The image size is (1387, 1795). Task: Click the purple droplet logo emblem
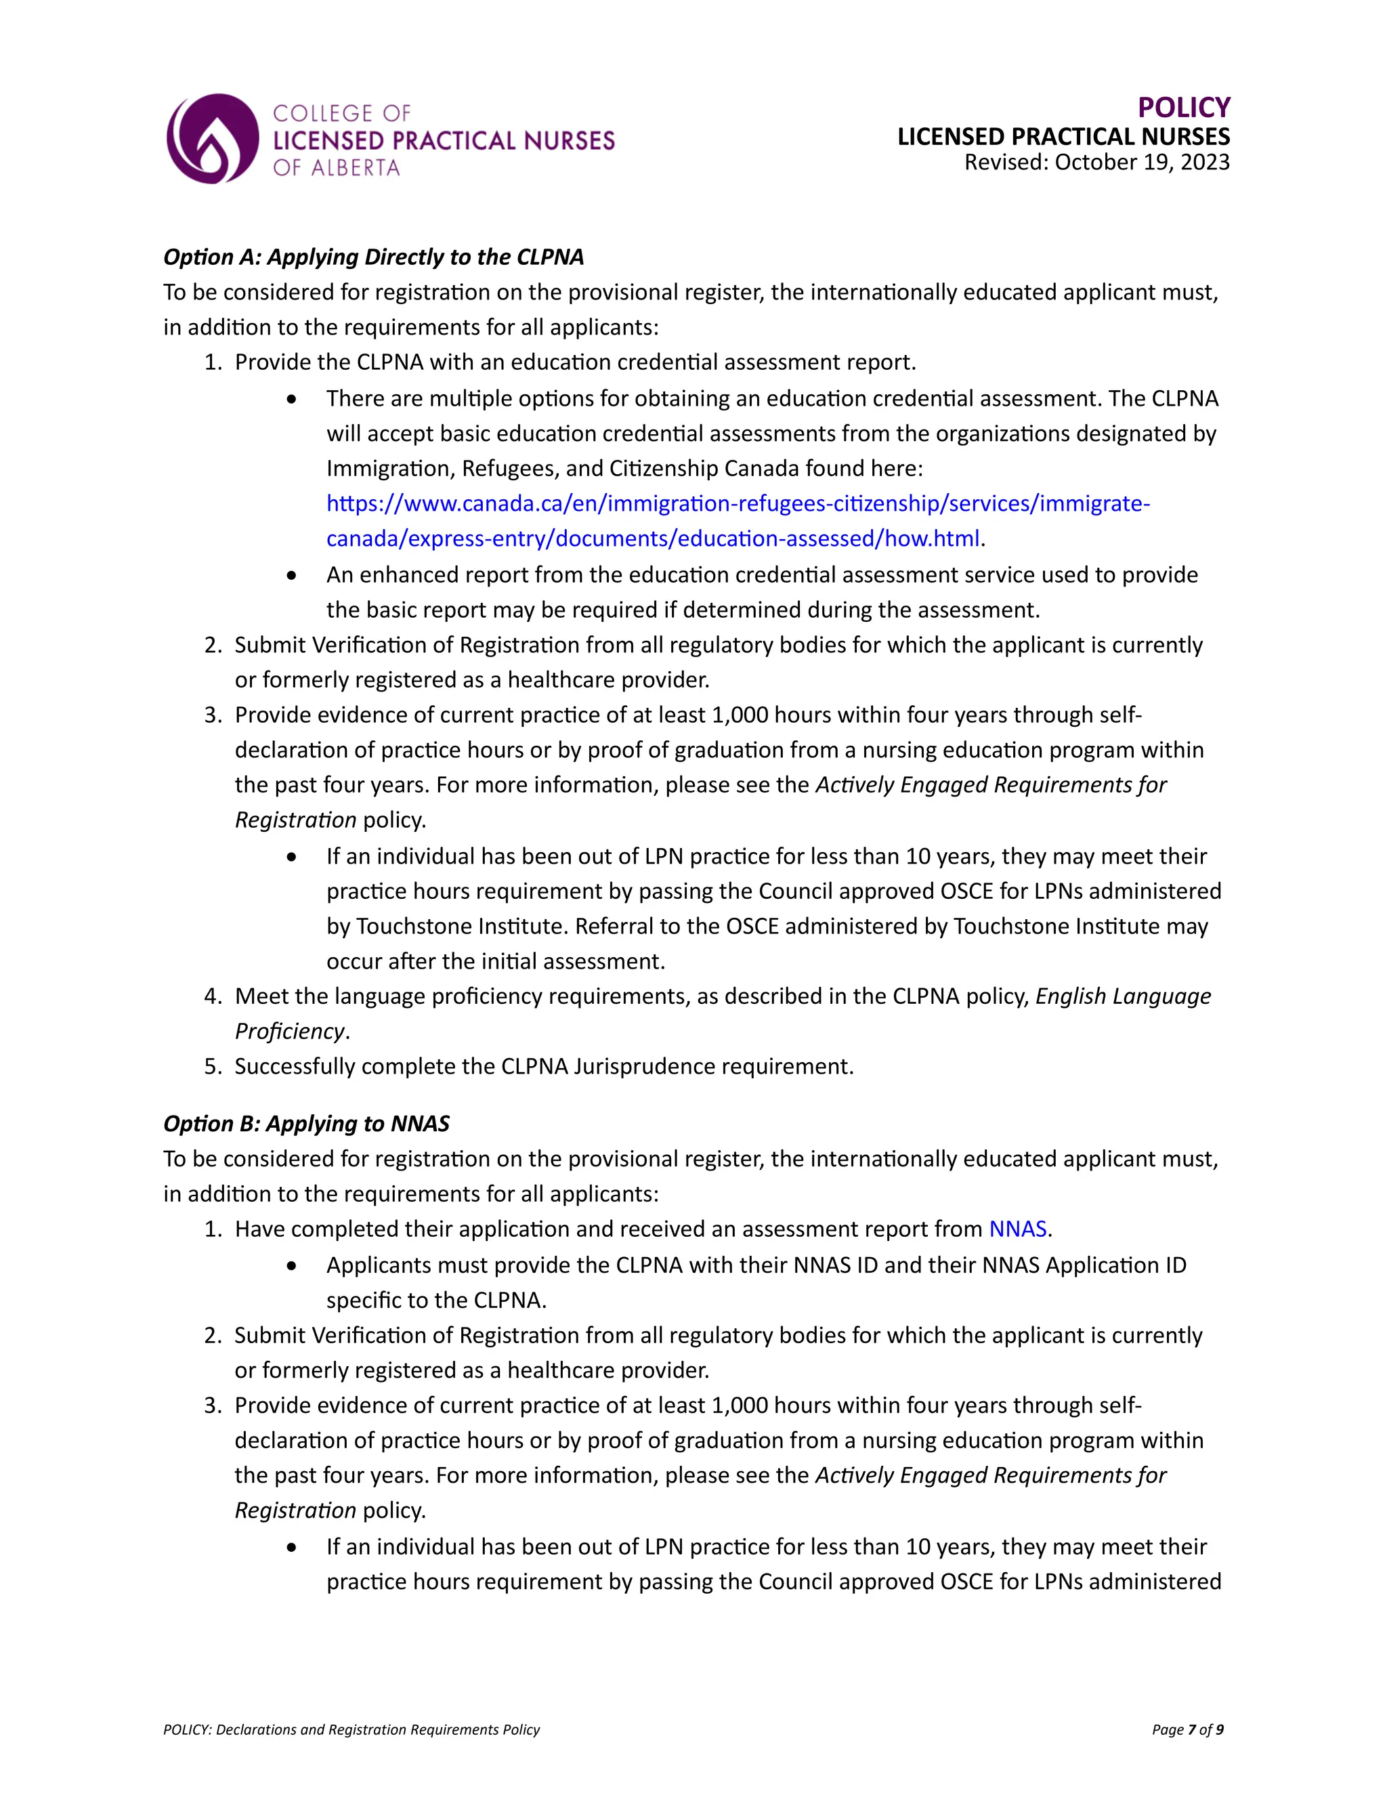(213, 139)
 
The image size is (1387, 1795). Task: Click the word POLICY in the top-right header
(1183, 108)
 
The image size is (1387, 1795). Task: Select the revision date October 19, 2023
(1141, 162)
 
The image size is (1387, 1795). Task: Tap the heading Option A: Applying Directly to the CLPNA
(374, 257)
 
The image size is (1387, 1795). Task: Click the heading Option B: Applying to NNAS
(307, 1124)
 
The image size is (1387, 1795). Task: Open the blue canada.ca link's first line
(738, 503)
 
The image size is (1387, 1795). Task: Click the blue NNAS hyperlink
(1017, 1229)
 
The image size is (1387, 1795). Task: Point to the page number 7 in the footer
(1191, 1729)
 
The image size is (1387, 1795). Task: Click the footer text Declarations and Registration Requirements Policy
(378, 1729)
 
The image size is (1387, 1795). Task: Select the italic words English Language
(1122, 996)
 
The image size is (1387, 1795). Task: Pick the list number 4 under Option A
(212, 996)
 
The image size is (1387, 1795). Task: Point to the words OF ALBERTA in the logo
(336, 168)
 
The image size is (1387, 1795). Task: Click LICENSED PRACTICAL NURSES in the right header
(1063, 136)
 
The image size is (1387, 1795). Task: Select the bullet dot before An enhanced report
(292, 575)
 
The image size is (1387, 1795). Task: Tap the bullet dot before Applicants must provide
(292, 1266)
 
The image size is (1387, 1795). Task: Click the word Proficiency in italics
(290, 1032)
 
